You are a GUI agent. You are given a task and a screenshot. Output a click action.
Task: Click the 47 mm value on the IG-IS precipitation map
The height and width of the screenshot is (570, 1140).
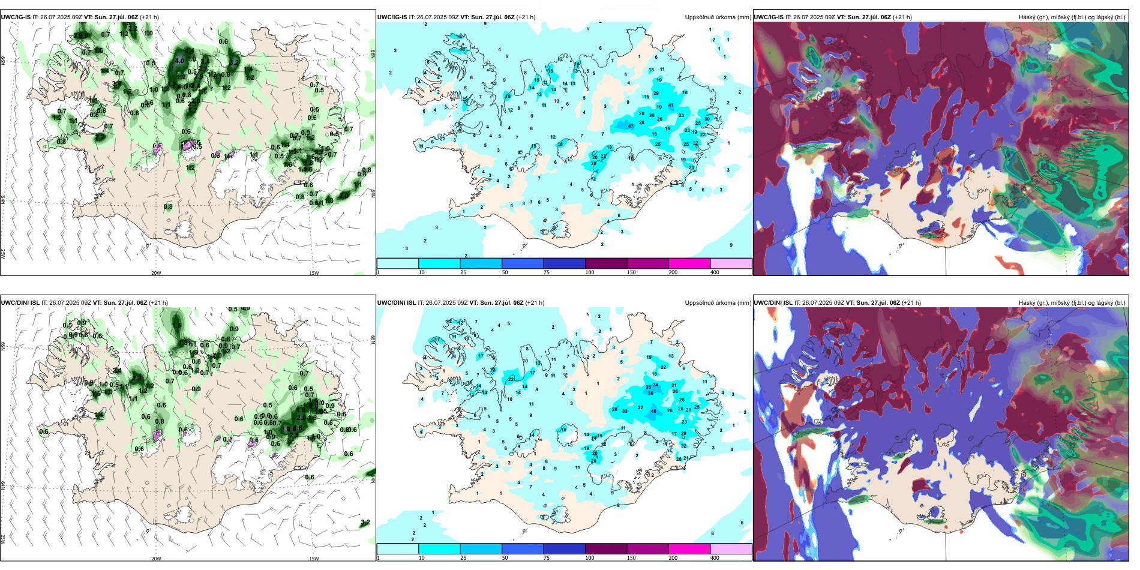coord(631,126)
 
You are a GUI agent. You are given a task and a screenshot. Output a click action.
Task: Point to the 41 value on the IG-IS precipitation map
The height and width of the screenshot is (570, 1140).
coord(671,106)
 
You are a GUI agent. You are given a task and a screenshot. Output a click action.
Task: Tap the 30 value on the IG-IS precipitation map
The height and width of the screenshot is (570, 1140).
coord(707,119)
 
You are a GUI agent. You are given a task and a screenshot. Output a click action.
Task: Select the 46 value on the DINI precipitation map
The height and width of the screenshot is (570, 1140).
coord(653,411)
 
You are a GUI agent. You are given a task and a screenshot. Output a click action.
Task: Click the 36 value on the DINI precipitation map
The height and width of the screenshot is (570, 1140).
coord(650,393)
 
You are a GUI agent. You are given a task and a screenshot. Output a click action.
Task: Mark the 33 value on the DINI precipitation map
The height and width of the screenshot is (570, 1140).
coord(625,411)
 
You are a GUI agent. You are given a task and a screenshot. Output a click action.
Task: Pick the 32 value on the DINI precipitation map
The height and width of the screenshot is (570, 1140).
coord(684,446)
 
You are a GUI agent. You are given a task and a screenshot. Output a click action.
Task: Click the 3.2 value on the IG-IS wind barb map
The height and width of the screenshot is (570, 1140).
coord(234,62)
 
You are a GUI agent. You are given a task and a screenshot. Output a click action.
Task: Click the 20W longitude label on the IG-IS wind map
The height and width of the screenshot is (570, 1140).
coord(156,273)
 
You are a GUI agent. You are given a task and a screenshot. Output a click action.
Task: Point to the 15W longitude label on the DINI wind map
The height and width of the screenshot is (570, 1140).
coord(314,559)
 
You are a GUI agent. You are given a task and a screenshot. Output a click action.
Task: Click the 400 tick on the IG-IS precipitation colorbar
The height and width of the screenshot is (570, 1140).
coord(715,272)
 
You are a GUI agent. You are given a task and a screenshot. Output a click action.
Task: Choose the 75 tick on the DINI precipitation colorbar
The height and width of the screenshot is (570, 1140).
coord(547,558)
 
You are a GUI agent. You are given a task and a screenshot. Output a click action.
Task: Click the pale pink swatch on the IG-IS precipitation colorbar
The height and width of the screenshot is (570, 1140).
coord(731,263)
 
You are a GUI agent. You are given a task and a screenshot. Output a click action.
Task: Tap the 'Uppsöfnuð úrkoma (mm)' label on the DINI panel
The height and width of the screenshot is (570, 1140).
coord(718,303)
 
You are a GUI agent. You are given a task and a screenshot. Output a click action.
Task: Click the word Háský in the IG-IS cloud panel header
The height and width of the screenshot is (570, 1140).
coord(1027,17)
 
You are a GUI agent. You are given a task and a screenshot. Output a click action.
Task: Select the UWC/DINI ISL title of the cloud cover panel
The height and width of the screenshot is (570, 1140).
coord(773,303)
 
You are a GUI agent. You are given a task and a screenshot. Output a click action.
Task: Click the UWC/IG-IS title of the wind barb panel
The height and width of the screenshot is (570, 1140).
coord(16,17)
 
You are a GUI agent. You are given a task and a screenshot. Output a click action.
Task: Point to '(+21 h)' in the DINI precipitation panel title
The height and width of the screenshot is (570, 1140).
coord(535,303)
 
